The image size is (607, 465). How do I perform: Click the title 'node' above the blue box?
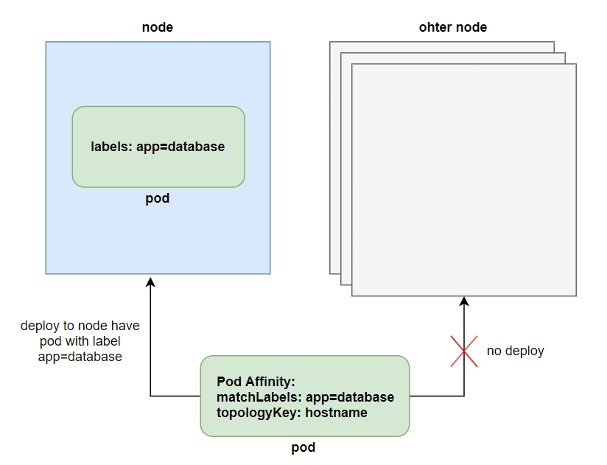pyautogui.click(x=157, y=27)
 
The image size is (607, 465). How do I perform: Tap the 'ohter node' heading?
pyautogui.click(x=452, y=27)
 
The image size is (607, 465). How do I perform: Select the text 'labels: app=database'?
pyautogui.click(x=158, y=147)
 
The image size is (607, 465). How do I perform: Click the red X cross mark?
pyautogui.click(x=464, y=350)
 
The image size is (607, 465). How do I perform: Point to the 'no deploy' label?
pyautogui.click(x=515, y=351)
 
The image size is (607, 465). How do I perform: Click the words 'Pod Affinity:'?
pyautogui.click(x=256, y=382)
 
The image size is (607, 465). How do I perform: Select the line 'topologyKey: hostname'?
pyautogui.click(x=292, y=413)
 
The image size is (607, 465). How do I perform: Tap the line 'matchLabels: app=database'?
pyautogui.click(x=305, y=397)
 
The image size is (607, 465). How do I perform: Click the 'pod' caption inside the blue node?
pyautogui.click(x=158, y=199)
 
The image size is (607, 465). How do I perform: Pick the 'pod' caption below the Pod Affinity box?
pyautogui.click(x=303, y=447)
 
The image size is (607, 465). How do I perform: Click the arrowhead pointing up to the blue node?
pyautogui.click(x=150, y=282)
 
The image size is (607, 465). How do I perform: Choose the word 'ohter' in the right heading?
pyautogui.click(x=435, y=27)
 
